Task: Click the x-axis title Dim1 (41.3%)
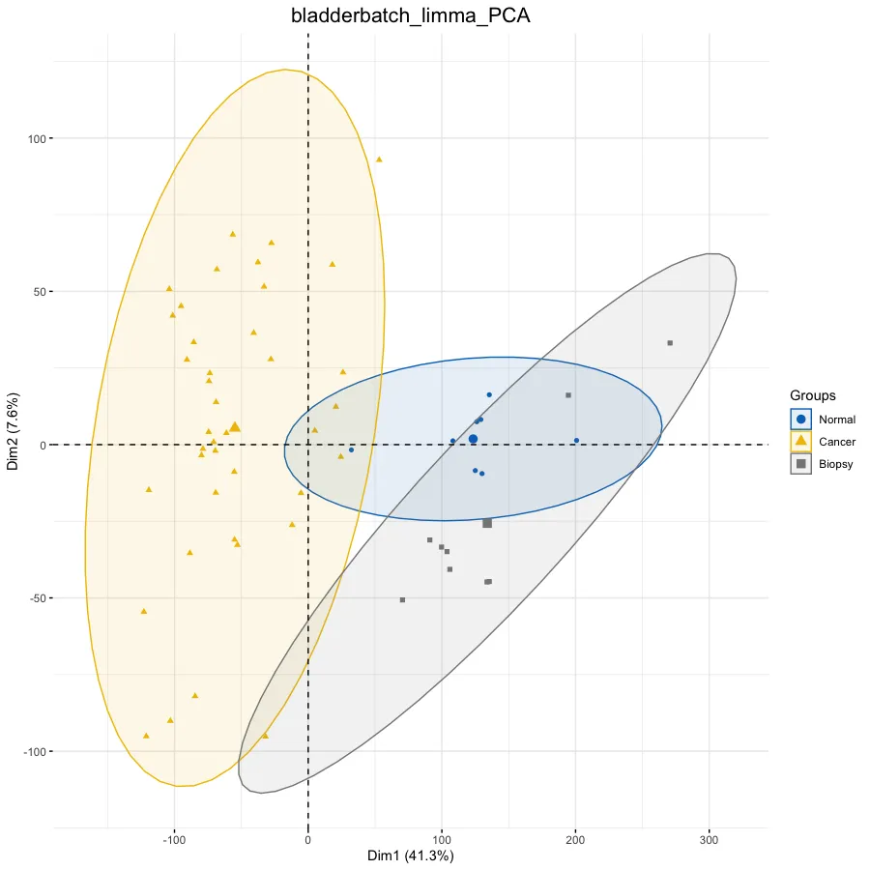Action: [x=410, y=855]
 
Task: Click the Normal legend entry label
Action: [x=836, y=420]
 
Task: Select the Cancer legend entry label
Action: [x=836, y=442]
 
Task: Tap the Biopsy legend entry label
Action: [x=836, y=464]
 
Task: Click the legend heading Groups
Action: [x=812, y=395]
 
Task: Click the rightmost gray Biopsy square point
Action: [x=669, y=343]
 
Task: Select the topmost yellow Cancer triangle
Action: [x=379, y=159]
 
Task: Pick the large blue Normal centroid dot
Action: [x=473, y=439]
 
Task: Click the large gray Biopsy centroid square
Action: [x=487, y=523]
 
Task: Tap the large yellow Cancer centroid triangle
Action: [x=235, y=426]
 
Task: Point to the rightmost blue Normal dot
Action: [x=576, y=441]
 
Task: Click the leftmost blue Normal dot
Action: [x=351, y=449]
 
